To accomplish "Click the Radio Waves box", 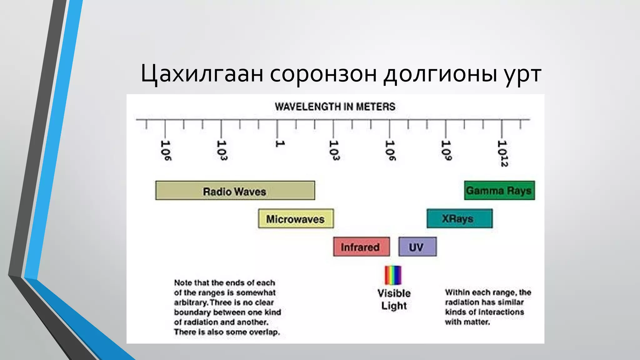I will [x=235, y=190].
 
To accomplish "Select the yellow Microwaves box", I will [x=296, y=218].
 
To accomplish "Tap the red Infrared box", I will [x=361, y=247].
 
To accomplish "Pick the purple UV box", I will [x=417, y=247].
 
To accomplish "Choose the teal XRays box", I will [x=459, y=218].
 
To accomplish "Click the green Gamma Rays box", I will [x=499, y=190].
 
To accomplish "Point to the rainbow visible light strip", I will [x=393, y=275].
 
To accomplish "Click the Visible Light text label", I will [x=394, y=299].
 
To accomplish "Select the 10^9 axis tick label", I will [x=446, y=150].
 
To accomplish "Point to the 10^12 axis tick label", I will [x=502, y=153].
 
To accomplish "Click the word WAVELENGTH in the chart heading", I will [x=307, y=107].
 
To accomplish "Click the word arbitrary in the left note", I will [x=191, y=302].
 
